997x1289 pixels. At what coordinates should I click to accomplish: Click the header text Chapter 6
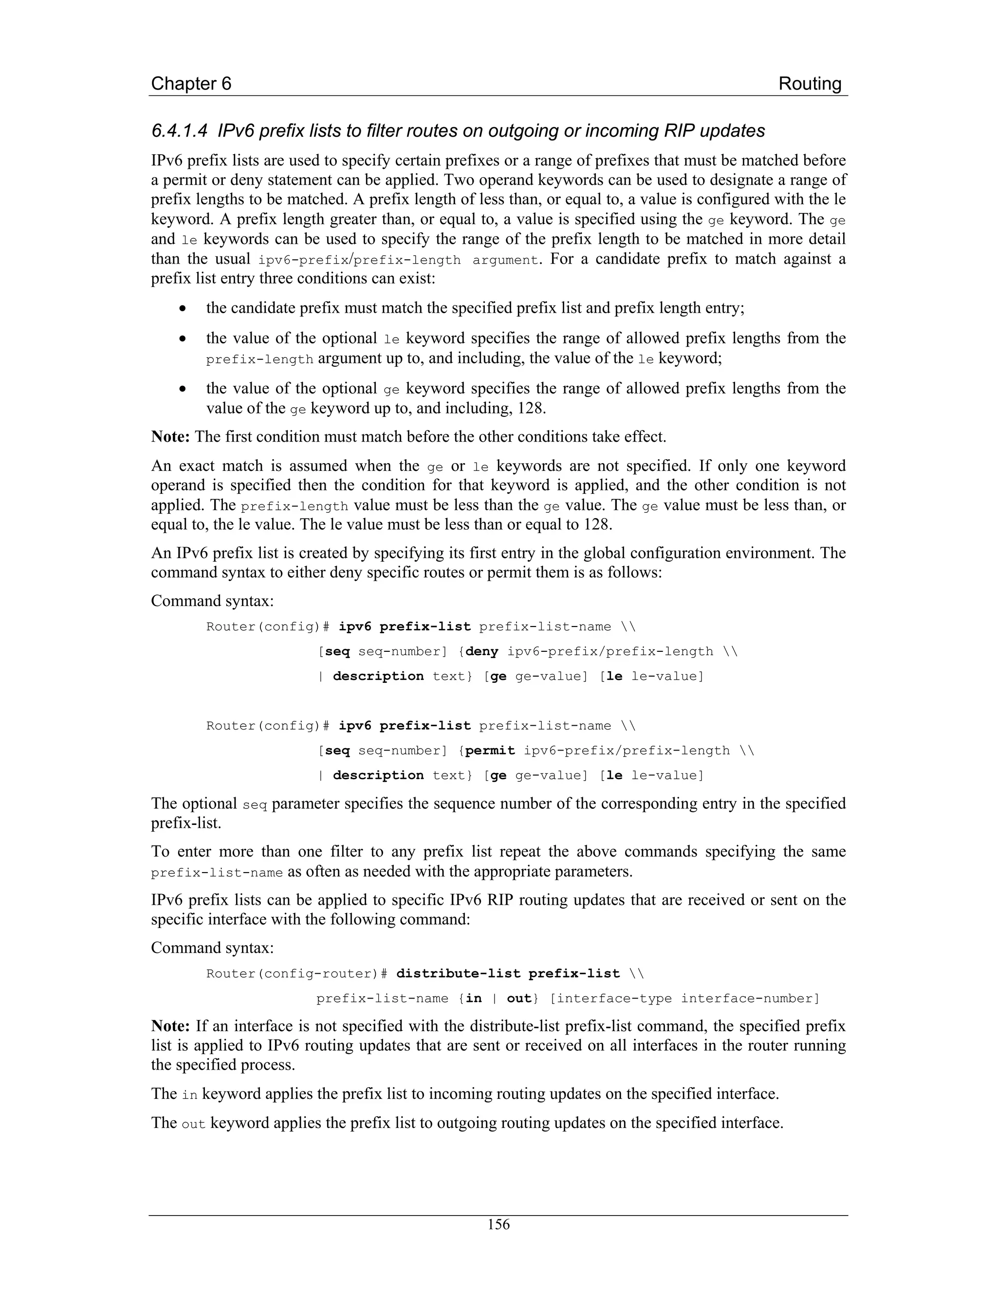coord(191,83)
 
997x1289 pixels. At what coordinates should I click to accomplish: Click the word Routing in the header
coord(809,83)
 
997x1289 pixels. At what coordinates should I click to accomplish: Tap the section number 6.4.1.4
coord(179,130)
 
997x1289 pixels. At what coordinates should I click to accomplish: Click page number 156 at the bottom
coord(498,1224)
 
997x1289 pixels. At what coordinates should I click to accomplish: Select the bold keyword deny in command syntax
coord(482,652)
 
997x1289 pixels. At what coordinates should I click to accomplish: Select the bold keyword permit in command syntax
coord(490,751)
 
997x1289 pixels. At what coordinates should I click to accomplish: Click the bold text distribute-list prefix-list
coord(508,974)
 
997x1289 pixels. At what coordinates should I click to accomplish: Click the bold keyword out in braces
coord(518,999)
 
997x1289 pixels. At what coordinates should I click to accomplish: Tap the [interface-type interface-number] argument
coord(684,999)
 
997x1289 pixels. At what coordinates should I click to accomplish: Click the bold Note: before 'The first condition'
coord(170,437)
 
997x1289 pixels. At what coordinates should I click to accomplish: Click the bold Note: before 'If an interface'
coord(170,1026)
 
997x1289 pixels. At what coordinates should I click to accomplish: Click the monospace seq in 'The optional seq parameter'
coord(255,805)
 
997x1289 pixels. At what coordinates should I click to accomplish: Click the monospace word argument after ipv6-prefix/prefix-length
coord(506,260)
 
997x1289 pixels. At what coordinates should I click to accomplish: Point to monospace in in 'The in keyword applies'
coord(189,1095)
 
